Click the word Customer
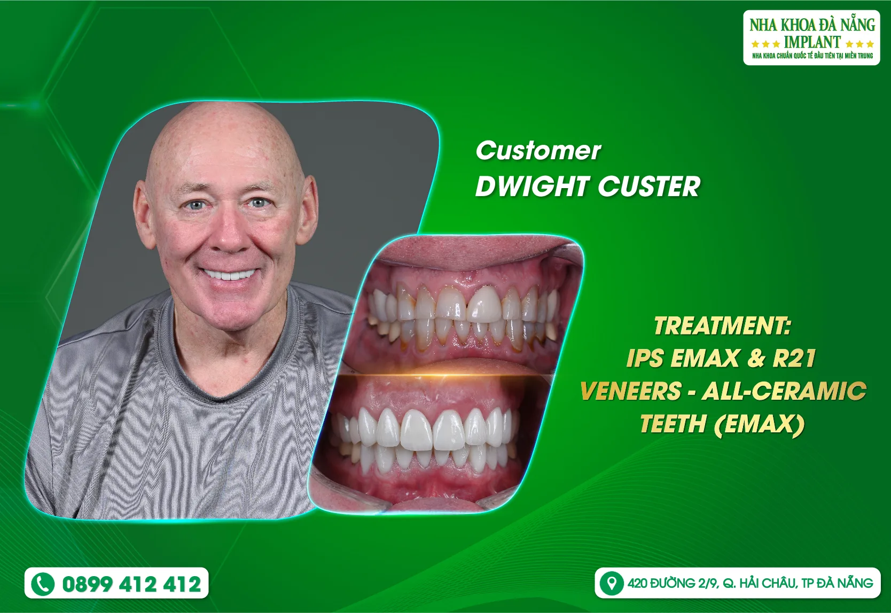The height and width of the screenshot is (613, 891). click(x=538, y=151)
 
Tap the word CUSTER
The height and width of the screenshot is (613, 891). click(x=649, y=187)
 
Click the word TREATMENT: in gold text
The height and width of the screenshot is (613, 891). click(x=722, y=326)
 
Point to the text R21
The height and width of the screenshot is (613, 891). click(x=794, y=359)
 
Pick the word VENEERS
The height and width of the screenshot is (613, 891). click(x=630, y=391)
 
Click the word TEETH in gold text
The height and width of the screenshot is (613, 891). click(x=673, y=424)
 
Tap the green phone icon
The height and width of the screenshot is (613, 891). click(x=43, y=584)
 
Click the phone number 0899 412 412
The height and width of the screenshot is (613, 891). click(x=131, y=584)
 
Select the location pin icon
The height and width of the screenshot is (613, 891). click(x=611, y=583)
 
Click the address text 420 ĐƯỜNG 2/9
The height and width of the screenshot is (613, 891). click(x=673, y=583)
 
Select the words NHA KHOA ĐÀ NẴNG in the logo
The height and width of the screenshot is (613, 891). click(x=812, y=25)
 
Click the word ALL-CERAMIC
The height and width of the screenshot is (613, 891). click(x=784, y=391)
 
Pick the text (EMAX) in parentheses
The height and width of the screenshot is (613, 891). click(x=759, y=424)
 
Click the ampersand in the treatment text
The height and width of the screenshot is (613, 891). click(x=756, y=359)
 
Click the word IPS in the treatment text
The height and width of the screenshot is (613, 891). click(x=645, y=359)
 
